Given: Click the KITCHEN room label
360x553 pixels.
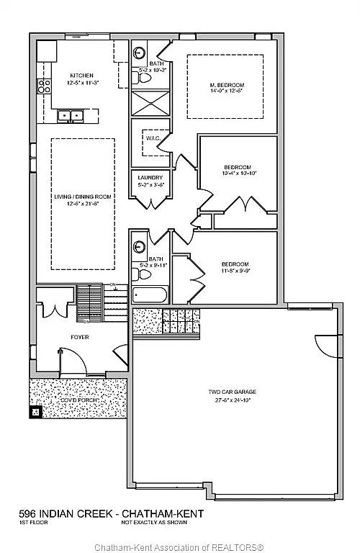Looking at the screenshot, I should [x=80, y=76].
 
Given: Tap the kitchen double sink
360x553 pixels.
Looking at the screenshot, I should [x=71, y=115].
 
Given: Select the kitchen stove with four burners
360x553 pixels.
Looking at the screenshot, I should [x=44, y=87].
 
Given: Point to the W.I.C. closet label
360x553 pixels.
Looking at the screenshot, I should [x=152, y=138].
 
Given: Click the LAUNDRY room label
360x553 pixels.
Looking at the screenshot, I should [x=150, y=178].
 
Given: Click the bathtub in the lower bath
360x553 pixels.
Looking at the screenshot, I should [x=150, y=295].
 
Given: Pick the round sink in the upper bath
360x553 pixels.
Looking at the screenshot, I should [x=138, y=53].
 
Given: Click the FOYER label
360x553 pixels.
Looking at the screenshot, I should [x=79, y=336].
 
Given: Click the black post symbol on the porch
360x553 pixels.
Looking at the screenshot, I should [x=35, y=413].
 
